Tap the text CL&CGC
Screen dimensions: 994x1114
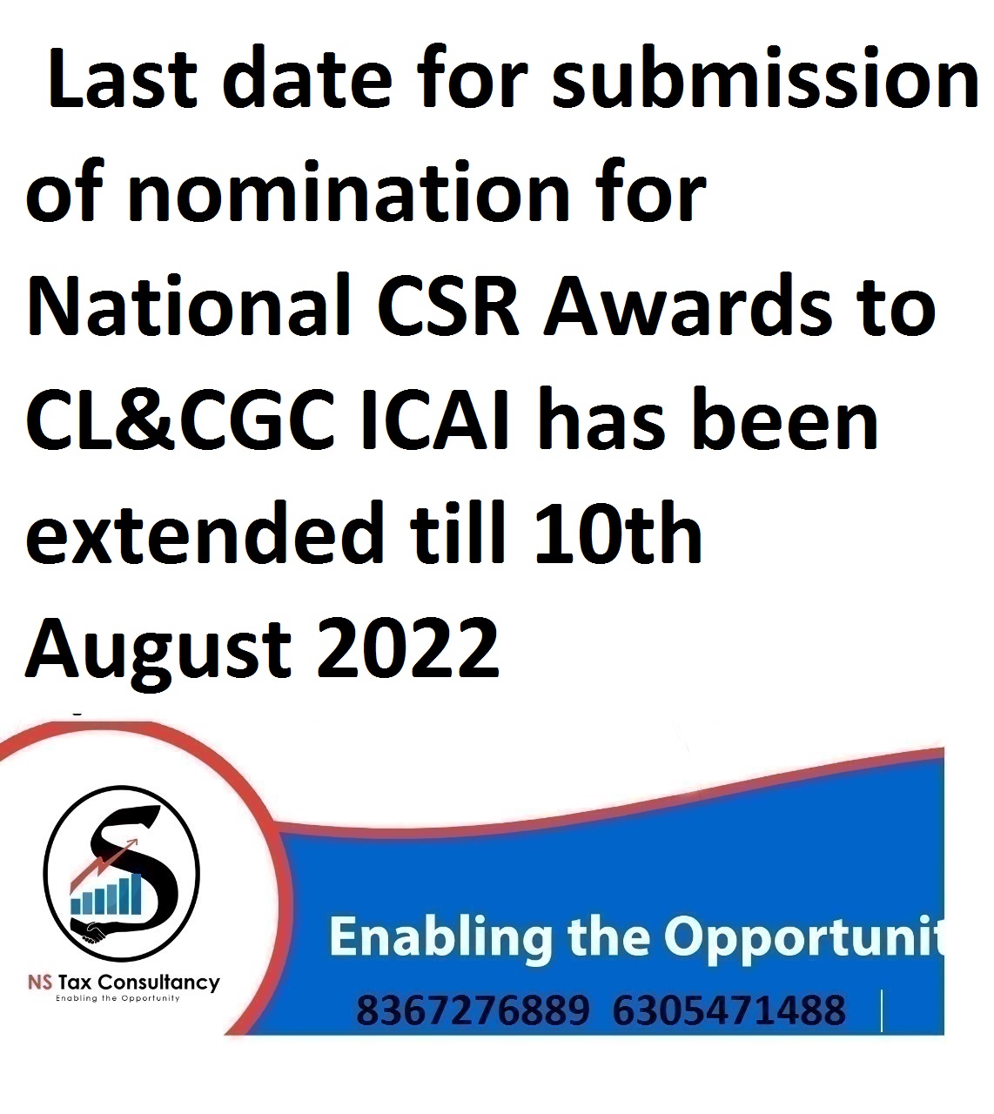[x=180, y=419]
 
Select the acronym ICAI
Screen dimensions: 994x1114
[x=433, y=419]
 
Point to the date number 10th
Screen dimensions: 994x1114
[x=616, y=533]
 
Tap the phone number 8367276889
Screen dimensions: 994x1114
[x=473, y=1010]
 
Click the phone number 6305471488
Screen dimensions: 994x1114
[x=729, y=1010]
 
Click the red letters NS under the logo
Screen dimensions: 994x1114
[x=40, y=982]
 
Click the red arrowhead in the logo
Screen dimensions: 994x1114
[x=132, y=842]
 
